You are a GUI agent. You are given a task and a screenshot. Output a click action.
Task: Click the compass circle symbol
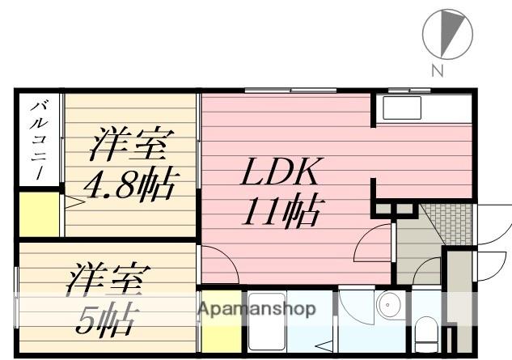click(x=447, y=35)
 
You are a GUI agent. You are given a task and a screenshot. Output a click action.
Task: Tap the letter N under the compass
click(x=437, y=71)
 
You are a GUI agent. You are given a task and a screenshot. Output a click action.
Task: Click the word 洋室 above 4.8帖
click(x=129, y=146)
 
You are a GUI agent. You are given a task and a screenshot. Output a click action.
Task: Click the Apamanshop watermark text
click(x=256, y=309)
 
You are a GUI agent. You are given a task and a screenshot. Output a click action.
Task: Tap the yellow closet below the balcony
click(x=39, y=214)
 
